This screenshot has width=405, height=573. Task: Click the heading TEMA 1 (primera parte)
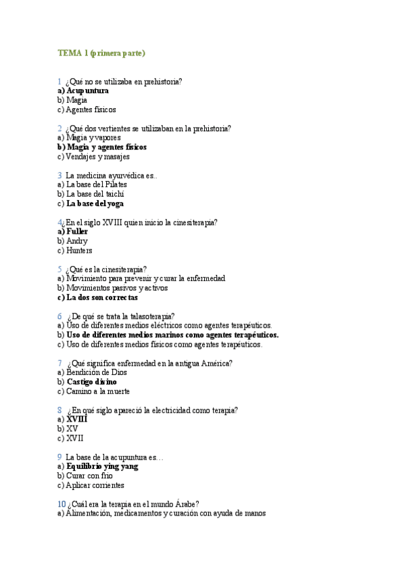tap(101, 52)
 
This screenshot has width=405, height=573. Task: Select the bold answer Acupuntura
tap(87, 90)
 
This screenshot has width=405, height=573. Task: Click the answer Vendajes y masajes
tap(97, 156)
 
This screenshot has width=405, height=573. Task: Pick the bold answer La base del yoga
tap(95, 203)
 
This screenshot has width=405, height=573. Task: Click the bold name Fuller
tap(77, 231)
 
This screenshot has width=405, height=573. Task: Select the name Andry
tap(77, 241)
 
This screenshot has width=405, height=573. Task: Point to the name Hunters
tap(79, 250)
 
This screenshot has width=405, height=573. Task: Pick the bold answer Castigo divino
tap(92, 381)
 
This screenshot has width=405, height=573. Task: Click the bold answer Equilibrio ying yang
tap(103, 466)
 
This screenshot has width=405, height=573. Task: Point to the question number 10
tap(62, 503)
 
